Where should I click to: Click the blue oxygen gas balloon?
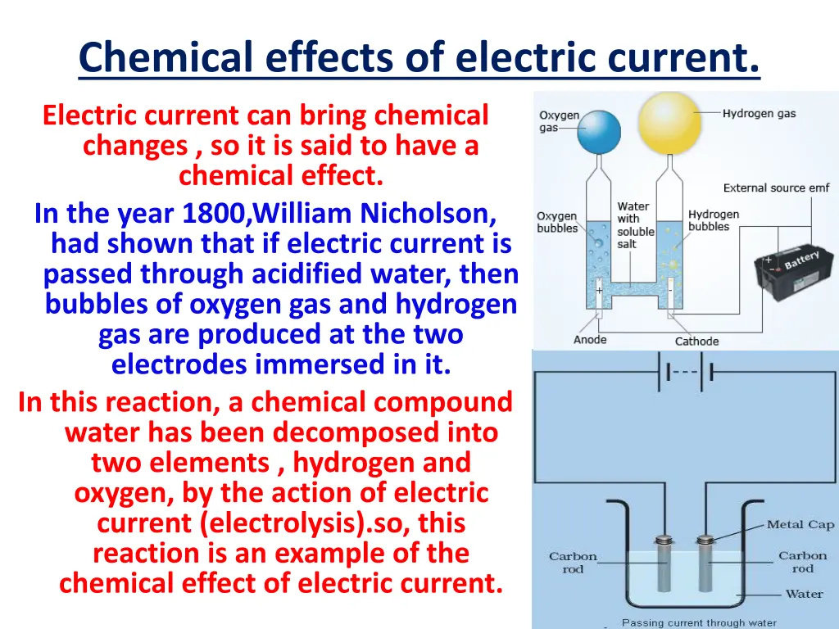click(x=599, y=133)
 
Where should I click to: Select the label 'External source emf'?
click(x=776, y=188)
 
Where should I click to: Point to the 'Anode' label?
click(x=590, y=340)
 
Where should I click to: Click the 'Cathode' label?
click(x=696, y=341)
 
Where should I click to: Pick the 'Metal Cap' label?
click(x=800, y=524)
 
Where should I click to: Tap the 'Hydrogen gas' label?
click(x=759, y=114)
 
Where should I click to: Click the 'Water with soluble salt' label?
click(x=635, y=225)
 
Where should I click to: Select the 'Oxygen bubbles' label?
click(x=556, y=222)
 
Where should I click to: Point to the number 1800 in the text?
click(x=213, y=214)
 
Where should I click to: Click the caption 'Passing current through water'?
click(x=699, y=623)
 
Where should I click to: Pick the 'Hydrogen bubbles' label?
click(x=713, y=220)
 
